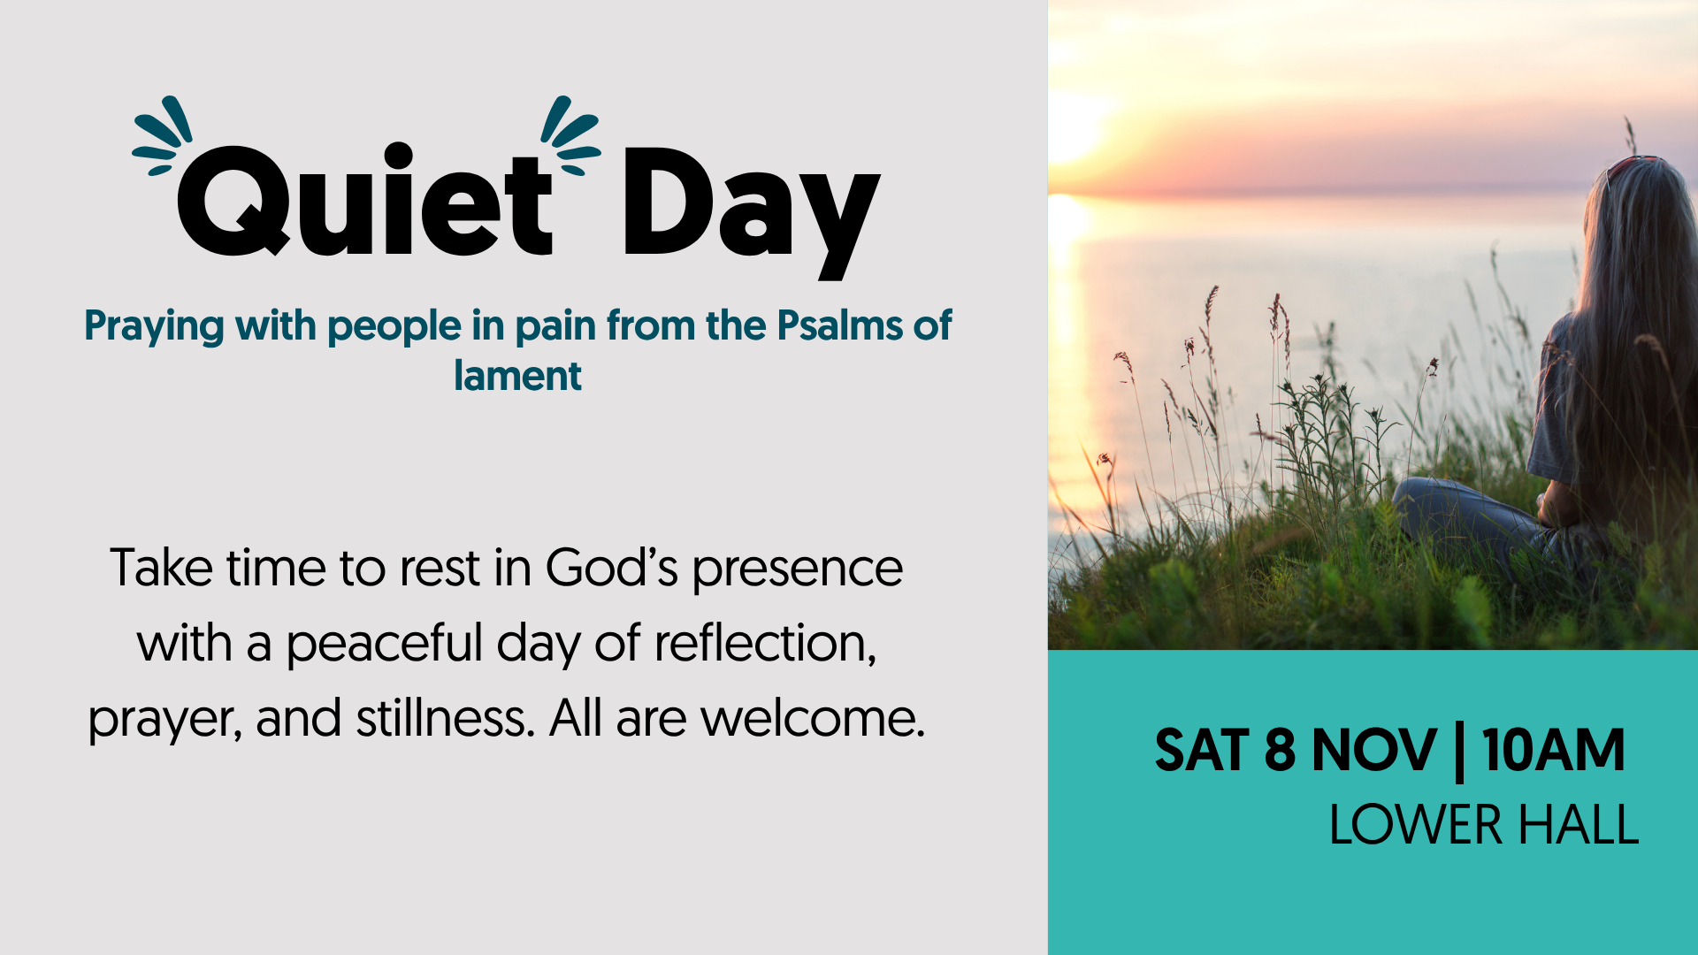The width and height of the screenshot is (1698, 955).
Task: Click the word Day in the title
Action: pyautogui.click(x=752, y=212)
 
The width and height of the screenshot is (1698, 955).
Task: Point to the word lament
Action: pyautogui.click(x=517, y=376)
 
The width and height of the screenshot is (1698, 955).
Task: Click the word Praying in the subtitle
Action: pyautogui.click(x=155, y=327)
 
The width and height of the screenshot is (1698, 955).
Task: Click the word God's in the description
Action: pyautogui.click(x=612, y=568)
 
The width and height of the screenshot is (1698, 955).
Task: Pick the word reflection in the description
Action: pyautogui.click(x=765, y=643)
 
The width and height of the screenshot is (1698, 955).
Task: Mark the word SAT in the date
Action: pyautogui.click(x=1202, y=751)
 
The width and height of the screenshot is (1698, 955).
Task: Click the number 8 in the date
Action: pyautogui.click(x=1280, y=751)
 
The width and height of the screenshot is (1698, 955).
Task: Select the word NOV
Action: pyautogui.click(x=1374, y=751)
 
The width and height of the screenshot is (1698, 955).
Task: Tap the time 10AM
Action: pyautogui.click(x=1554, y=751)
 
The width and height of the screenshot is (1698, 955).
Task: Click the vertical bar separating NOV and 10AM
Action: pyautogui.click(x=1459, y=753)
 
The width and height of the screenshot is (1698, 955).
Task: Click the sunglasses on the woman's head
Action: pyautogui.click(x=1632, y=164)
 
